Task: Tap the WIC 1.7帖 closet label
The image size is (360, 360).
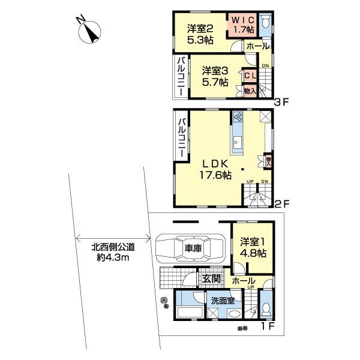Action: click(244, 24)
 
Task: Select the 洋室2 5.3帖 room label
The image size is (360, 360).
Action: click(199, 34)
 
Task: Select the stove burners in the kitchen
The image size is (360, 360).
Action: click(237, 118)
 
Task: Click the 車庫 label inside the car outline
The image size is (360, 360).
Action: click(192, 248)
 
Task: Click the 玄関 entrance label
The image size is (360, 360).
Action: click(210, 278)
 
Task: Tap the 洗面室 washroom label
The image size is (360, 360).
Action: click(221, 301)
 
